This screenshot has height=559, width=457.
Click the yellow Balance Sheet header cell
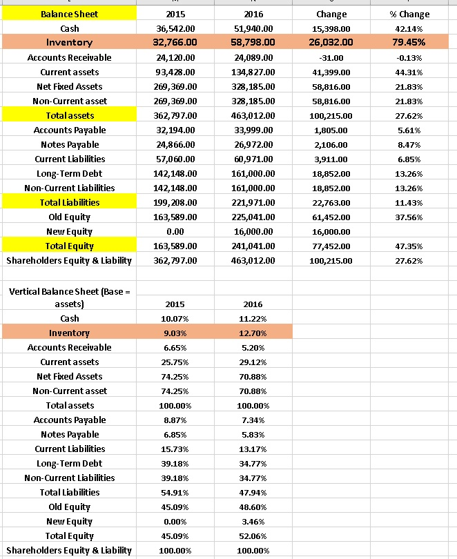[69, 14]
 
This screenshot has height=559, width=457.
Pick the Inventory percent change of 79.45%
[412, 42]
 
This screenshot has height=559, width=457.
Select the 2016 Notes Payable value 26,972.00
[255, 144]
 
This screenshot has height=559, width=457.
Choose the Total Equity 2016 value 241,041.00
[255, 246]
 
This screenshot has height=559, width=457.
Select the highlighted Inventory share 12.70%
[254, 333]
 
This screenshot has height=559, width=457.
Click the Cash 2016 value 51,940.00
[255, 28]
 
